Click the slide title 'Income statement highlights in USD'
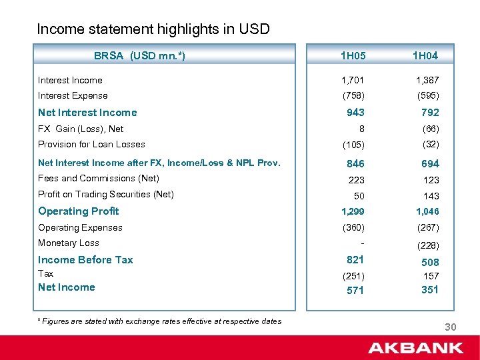(x=153, y=29)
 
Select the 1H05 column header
(x=353, y=56)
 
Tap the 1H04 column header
(x=425, y=56)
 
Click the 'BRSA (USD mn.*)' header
(x=139, y=56)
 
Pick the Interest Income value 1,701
(x=353, y=81)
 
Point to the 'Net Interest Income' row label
(x=87, y=113)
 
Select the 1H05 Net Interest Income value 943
(x=355, y=113)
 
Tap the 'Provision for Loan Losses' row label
(x=91, y=145)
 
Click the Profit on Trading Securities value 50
(x=359, y=196)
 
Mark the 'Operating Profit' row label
(x=79, y=211)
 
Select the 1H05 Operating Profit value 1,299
(x=353, y=212)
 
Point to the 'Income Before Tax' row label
(x=85, y=260)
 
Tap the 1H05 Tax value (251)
(x=353, y=275)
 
